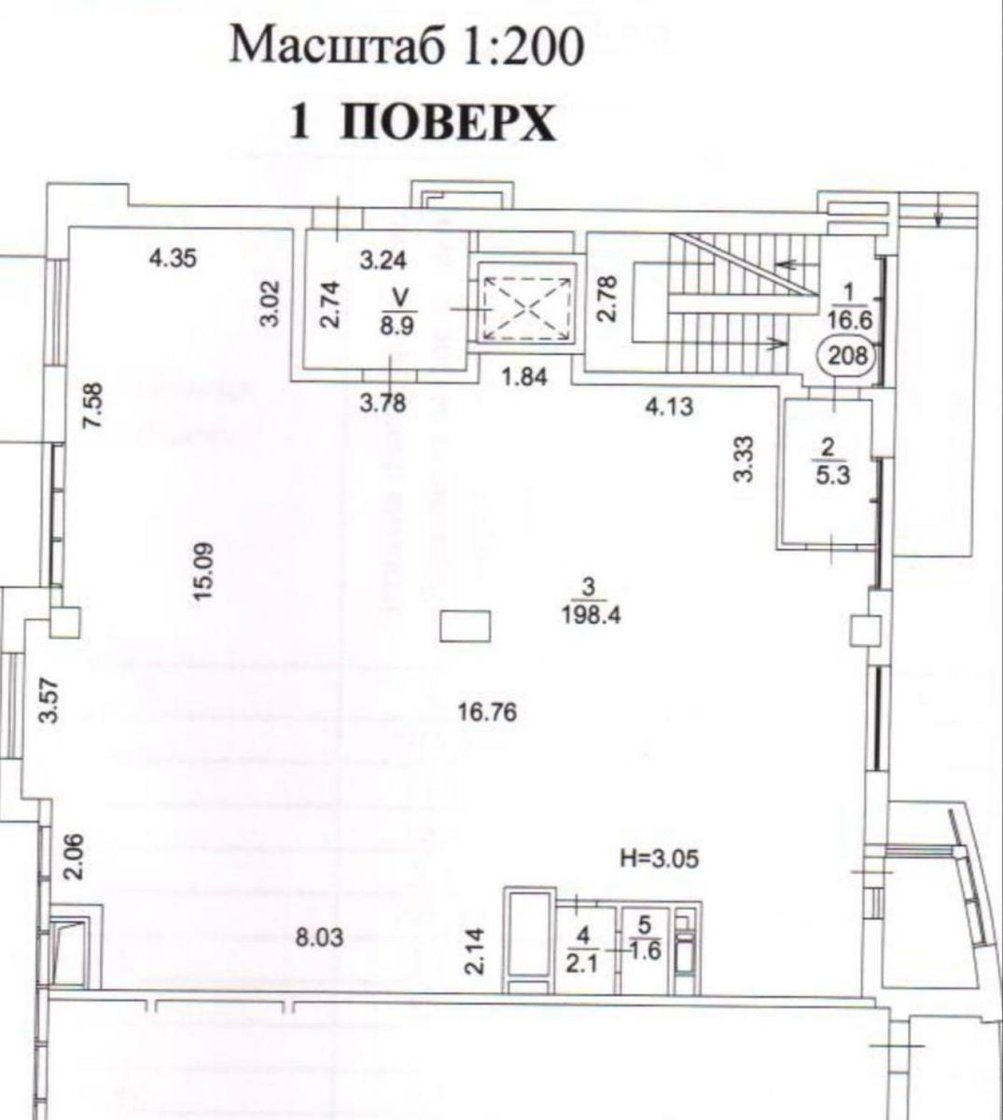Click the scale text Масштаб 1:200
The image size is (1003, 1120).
[x=407, y=47]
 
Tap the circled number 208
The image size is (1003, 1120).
[x=846, y=356]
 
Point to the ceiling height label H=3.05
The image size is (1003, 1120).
[x=659, y=858]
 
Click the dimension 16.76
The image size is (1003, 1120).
[x=487, y=714]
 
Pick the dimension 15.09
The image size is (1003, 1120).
[x=204, y=569]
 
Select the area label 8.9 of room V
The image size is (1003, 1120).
[x=400, y=327]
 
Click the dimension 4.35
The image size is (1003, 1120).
[x=174, y=257]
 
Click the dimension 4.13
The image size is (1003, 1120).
[x=669, y=406]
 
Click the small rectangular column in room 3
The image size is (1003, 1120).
[x=465, y=625]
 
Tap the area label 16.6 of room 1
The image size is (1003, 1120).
[x=847, y=318]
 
